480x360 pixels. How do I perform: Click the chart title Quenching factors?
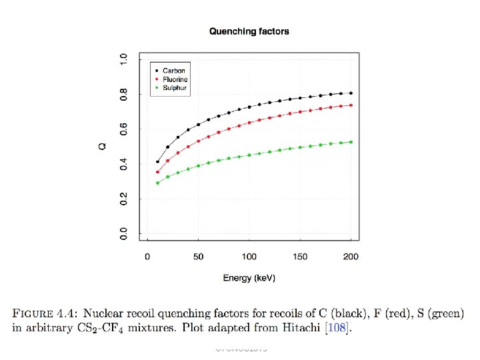pyautogui.click(x=249, y=31)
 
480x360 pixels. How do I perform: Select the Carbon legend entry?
pyautogui.click(x=173, y=70)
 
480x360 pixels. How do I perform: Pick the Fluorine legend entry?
pyautogui.click(x=175, y=79)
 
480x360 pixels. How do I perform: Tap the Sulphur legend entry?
pyautogui.click(x=175, y=87)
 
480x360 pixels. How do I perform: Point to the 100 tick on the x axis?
pyautogui.click(x=249, y=257)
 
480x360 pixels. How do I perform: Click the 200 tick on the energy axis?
pyautogui.click(x=351, y=257)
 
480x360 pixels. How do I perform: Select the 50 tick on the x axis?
pyautogui.click(x=198, y=257)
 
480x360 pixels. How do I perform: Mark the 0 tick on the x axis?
pyautogui.click(x=147, y=257)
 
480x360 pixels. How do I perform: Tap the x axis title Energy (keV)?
pyautogui.click(x=249, y=277)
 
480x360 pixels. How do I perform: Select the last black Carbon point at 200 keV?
pyautogui.click(x=351, y=93)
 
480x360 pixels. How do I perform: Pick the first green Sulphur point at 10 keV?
pyautogui.click(x=157, y=183)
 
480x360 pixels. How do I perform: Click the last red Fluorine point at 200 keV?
pyautogui.click(x=351, y=105)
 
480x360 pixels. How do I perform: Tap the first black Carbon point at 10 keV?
pyautogui.click(x=157, y=161)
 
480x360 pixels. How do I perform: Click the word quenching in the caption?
pyautogui.click(x=255, y=312)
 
